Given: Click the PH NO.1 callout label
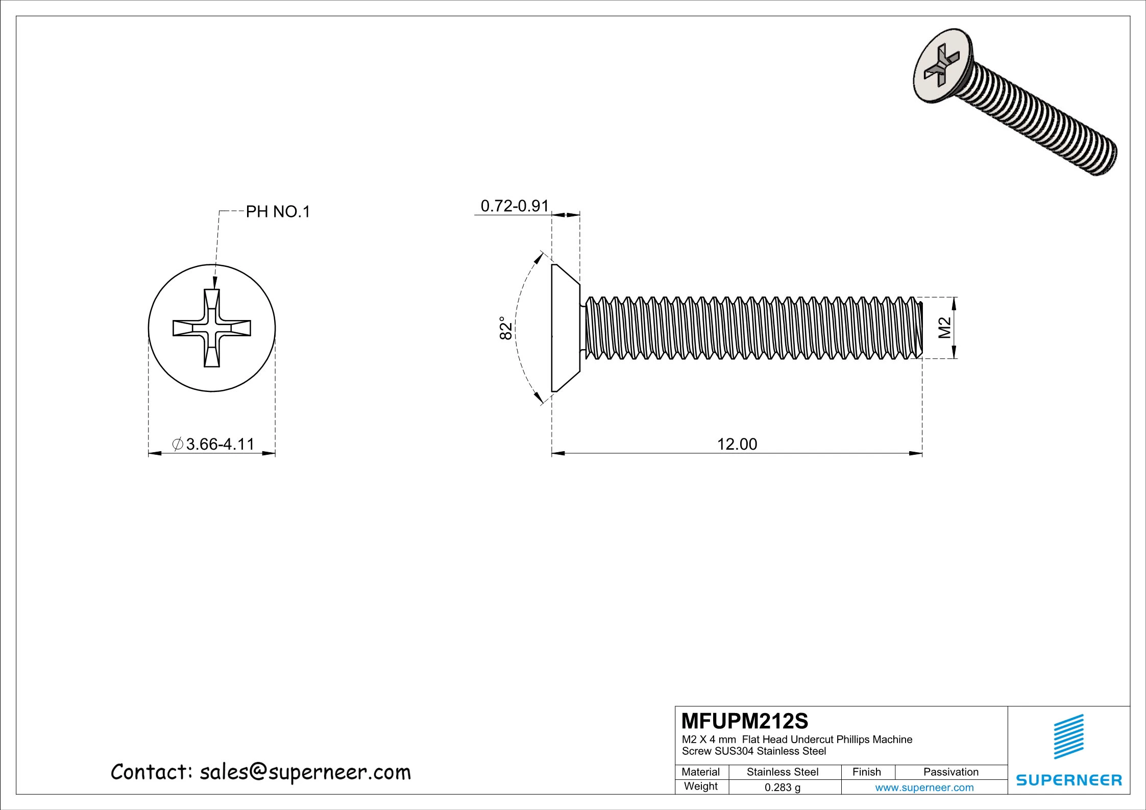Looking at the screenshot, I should tap(278, 212).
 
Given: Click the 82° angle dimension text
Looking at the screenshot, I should tap(505, 328).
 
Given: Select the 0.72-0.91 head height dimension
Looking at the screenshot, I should tap(514, 206).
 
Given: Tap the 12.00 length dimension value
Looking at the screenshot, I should tap(737, 444).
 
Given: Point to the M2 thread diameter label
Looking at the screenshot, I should tap(944, 328).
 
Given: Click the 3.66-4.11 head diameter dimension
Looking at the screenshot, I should tap(220, 444).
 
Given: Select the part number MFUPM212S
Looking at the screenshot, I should tap(745, 721).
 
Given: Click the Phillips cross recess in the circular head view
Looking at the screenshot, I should tap(211, 328).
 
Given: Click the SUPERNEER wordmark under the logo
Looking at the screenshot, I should tap(1069, 780).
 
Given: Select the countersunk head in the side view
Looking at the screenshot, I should tap(565, 328).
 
